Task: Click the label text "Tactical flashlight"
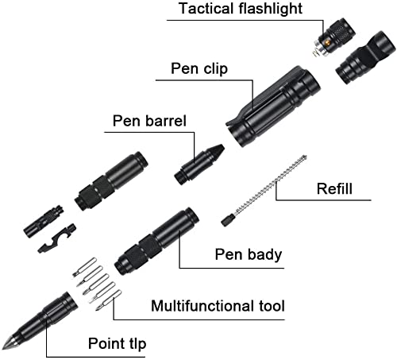pos(241,9)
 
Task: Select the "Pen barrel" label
pos(149,121)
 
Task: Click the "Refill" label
pos(334,189)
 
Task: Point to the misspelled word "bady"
pos(265,254)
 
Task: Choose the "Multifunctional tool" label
pos(218,306)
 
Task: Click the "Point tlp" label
pos(117,343)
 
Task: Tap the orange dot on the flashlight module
pos(327,42)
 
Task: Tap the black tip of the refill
pos(227,221)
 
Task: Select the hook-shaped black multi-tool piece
pos(57,238)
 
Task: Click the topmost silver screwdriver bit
pos(84,267)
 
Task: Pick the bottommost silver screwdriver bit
pos(109,300)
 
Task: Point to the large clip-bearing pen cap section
pos(272,106)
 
